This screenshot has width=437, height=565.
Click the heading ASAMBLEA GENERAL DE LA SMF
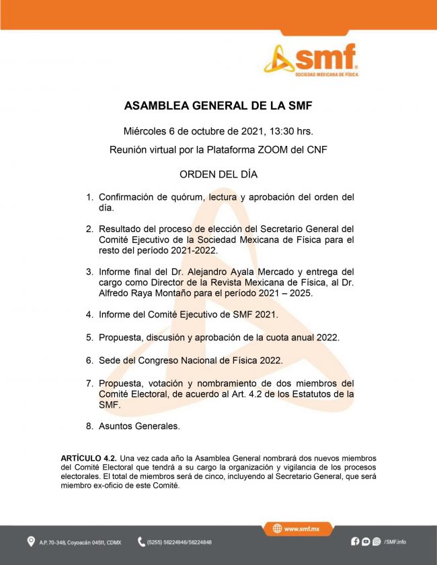(x=218, y=106)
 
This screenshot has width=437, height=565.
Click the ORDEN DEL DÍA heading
(x=218, y=174)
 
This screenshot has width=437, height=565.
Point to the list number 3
(x=89, y=272)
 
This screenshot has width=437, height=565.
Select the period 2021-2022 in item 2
(x=195, y=250)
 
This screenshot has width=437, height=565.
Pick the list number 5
(x=89, y=337)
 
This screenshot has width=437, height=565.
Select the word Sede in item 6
(x=110, y=360)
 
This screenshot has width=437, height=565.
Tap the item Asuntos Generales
(x=139, y=426)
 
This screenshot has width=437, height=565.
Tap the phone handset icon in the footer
(x=142, y=541)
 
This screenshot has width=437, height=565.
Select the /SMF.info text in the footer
(x=395, y=541)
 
